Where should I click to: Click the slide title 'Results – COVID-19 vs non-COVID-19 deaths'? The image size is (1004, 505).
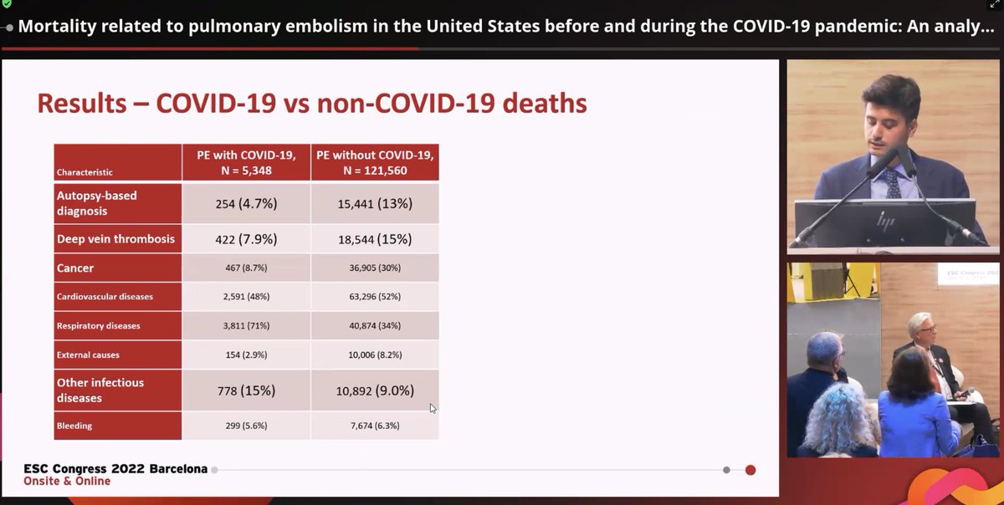(x=311, y=103)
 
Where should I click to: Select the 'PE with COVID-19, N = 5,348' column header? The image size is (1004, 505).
(x=245, y=161)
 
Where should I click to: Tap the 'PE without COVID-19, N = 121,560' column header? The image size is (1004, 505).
(x=374, y=161)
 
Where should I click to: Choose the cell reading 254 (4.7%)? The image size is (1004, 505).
(x=245, y=203)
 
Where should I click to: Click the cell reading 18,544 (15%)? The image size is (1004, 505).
(x=374, y=239)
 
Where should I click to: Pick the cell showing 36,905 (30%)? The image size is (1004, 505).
(x=374, y=268)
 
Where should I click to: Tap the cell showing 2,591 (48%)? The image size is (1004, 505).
(x=245, y=297)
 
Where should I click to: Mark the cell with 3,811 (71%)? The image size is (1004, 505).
(x=245, y=325)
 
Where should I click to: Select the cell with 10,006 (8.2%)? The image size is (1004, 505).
(x=374, y=355)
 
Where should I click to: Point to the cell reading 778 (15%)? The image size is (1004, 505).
(x=245, y=390)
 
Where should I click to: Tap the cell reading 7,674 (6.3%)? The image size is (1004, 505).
(x=374, y=426)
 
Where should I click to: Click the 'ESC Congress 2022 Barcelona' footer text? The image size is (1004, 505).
(x=115, y=469)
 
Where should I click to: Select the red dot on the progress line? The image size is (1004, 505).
(x=750, y=470)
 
